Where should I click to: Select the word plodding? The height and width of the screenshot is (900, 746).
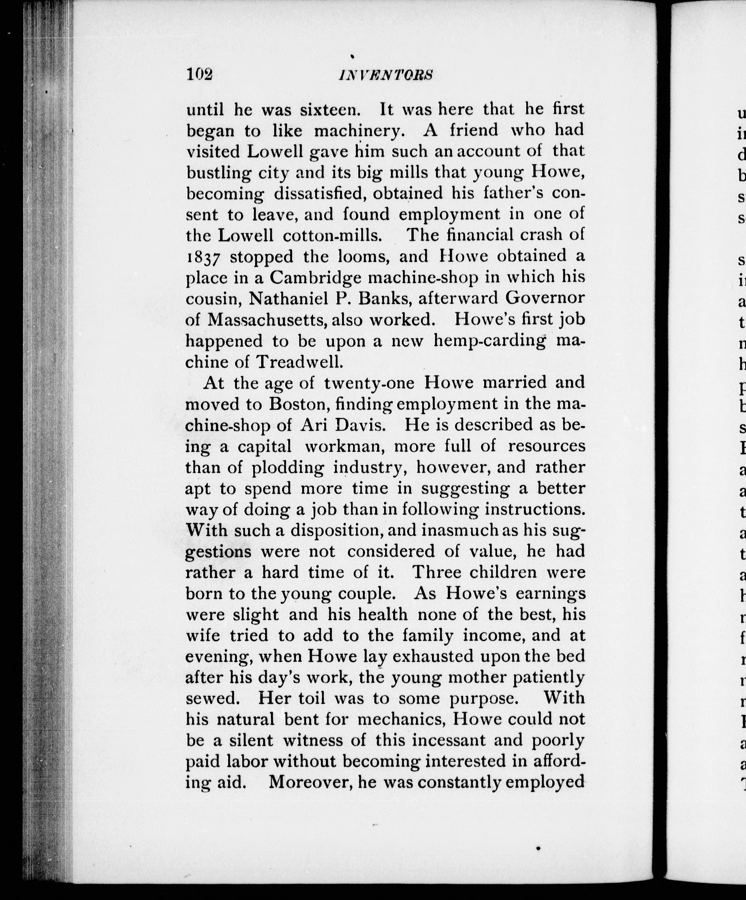point(287,467)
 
